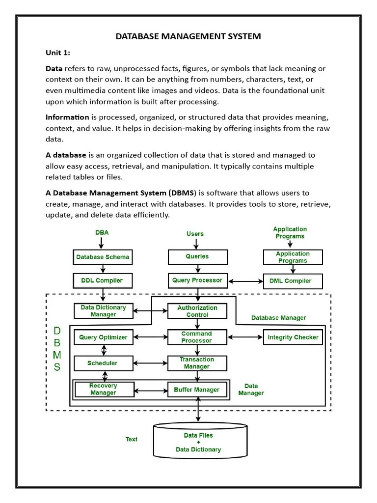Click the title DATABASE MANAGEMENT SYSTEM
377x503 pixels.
(x=188, y=36)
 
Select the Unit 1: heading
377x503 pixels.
(x=58, y=53)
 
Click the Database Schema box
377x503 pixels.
(x=103, y=257)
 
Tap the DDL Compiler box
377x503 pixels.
(x=103, y=281)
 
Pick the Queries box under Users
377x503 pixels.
(x=197, y=256)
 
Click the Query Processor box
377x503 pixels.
(x=197, y=280)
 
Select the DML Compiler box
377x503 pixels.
(x=293, y=281)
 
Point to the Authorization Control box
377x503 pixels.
(x=197, y=311)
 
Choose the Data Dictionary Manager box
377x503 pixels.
(x=103, y=311)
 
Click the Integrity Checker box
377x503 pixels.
(x=293, y=337)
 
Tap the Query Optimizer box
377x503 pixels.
(x=103, y=337)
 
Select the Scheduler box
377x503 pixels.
(x=103, y=363)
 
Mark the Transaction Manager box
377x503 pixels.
(x=197, y=363)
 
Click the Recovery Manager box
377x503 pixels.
(x=103, y=390)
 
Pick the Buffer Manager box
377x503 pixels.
(x=197, y=390)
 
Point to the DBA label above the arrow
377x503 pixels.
(x=102, y=233)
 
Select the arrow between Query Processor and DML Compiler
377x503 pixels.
(x=245, y=281)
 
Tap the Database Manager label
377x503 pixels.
(x=278, y=318)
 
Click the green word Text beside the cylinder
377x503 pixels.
(x=132, y=439)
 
